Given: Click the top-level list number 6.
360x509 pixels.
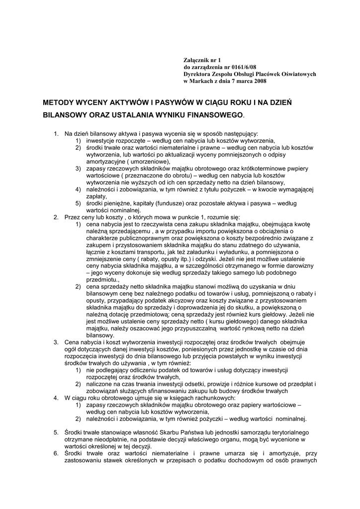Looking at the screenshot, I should click(x=56, y=453).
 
